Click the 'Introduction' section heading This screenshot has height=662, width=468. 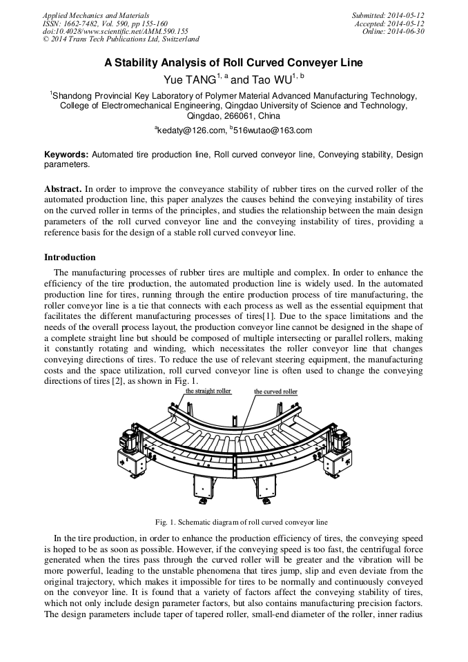70,257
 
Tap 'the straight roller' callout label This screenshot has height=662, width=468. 208,391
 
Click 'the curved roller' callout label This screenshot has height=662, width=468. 275,391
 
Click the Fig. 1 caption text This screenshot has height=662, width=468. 233,522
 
